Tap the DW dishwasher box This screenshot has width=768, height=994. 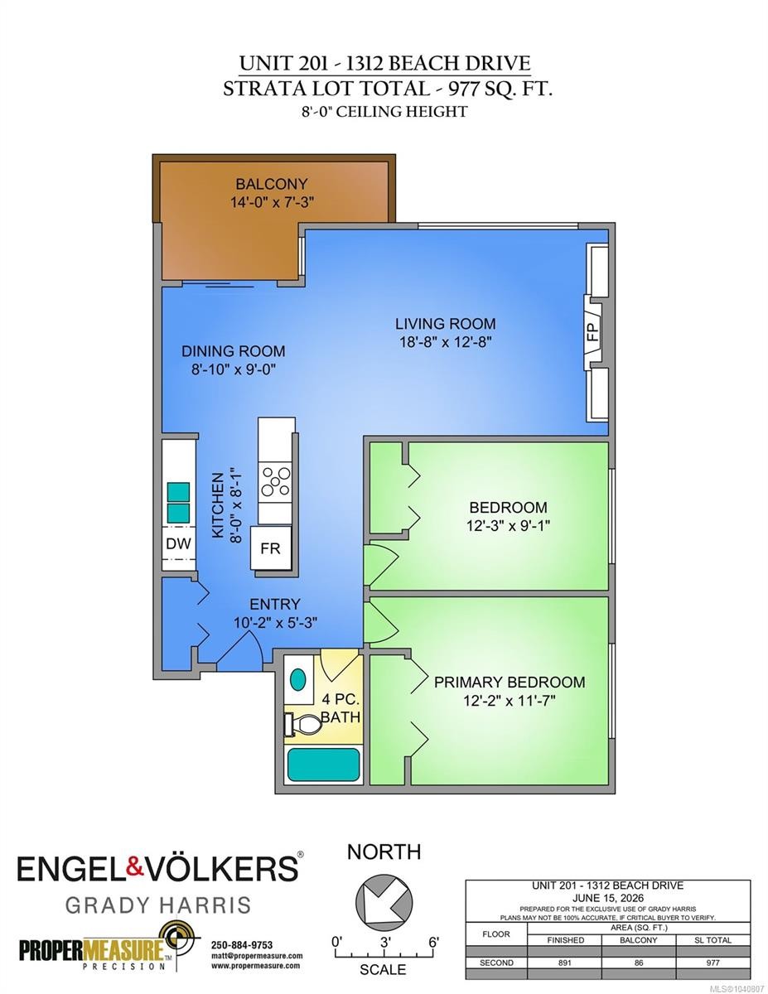point(178,543)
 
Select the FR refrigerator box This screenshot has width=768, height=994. point(270,548)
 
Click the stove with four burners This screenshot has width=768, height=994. point(275,482)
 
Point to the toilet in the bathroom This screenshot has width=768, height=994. point(302,724)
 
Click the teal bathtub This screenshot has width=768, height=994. point(323,765)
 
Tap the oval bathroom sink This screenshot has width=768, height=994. point(297,680)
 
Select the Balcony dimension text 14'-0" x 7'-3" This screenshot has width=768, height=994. point(273,202)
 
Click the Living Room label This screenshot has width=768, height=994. point(446,324)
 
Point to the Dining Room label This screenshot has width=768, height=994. point(234,351)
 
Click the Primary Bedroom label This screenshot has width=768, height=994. point(510,682)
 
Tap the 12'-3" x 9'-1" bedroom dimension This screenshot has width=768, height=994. point(508,526)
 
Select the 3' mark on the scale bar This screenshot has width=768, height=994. point(385,942)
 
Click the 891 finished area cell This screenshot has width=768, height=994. point(565,963)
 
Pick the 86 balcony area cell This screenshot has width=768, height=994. point(639,963)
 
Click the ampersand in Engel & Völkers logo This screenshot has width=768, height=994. point(135,868)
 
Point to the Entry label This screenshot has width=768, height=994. point(275,604)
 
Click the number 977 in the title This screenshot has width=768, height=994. point(463,89)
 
